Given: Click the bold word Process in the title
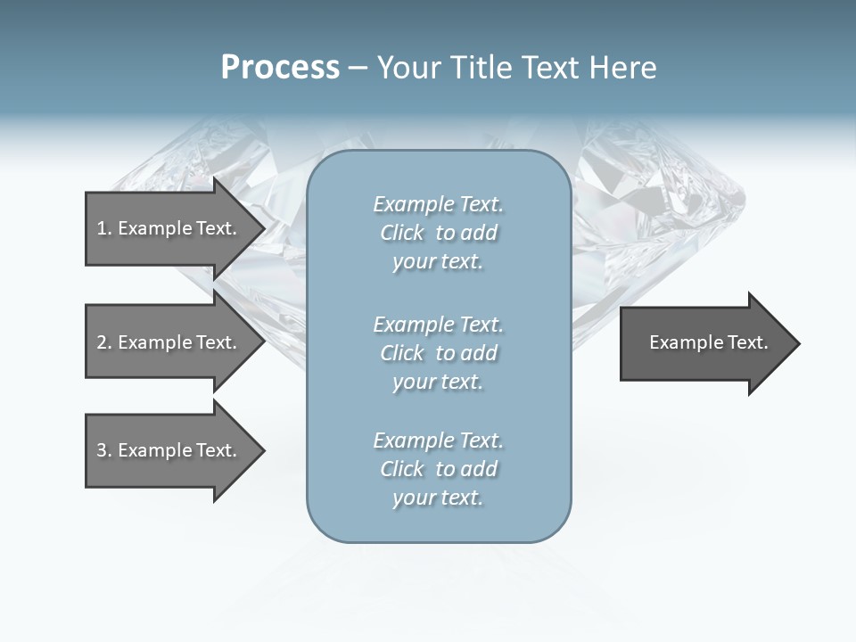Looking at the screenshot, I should [280, 68].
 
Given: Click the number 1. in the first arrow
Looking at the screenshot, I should [104, 228].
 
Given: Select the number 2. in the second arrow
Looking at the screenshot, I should [104, 342].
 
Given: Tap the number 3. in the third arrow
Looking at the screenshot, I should [104, 450].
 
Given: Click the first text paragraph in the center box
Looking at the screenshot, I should [438, 233].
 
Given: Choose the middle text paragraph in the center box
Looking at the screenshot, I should [438, 352].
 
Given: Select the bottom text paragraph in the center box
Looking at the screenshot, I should [438, 469].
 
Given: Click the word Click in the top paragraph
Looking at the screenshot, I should [402, 233].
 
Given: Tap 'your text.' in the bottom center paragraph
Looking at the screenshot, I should [438, 498].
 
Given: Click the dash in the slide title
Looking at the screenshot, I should [358, 68].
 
